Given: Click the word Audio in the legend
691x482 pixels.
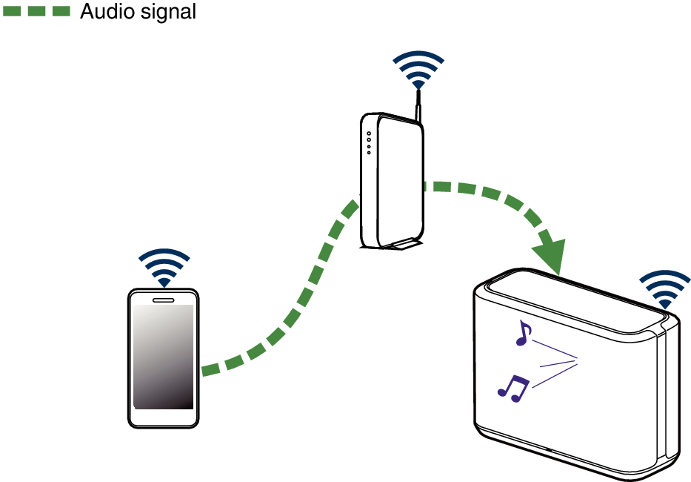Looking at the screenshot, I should pyautogui.click(x=107, y=11).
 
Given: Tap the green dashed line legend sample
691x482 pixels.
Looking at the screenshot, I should pyautogui.click(x=36, y=11).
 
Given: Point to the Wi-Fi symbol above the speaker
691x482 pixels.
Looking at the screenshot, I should pyautogui.click(x=665, y=288).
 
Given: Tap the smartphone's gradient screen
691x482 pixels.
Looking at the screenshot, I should pyautogui.click(x=164, y=356).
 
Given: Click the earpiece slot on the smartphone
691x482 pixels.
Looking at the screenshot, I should pyautogui.click(x=164, y=300).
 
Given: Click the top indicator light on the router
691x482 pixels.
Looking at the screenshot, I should pyautogui.click(x=369, y=134).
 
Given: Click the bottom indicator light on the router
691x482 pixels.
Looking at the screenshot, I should pyautogui.click(x=369, y=152).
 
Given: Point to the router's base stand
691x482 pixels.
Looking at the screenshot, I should pyautogui.click(x=400, y=245).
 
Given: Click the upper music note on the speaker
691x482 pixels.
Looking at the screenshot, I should pyautogui.click(x=524, y=334).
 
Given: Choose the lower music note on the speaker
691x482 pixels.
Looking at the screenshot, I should pyautogui.click(x=513, y=388).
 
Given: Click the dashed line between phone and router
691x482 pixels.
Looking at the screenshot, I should pyautogui.click(x=296, y=304).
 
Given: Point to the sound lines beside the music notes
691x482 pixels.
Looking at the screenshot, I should pyautogui.click(x=555, y=363).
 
